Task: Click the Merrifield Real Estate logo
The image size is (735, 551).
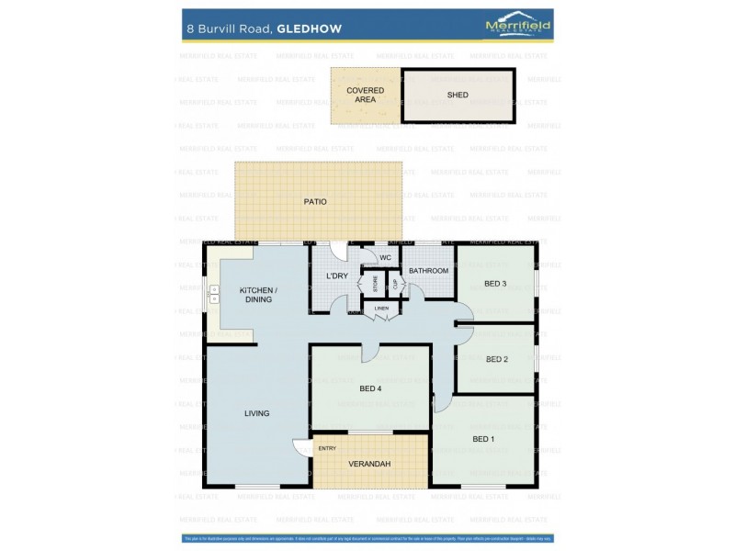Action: click(x=517, y=26)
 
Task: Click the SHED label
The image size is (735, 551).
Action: click(x=458, y=95)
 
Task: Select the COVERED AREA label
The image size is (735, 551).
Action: click(x=365, y=95)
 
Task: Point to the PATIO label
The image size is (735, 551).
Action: click(x=315, y=201)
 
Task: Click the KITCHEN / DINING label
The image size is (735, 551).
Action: click(x=258, y=295)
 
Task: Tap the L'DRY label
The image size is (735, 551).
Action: click(x=336, y=276)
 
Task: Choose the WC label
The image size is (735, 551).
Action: click(x=385, y=258)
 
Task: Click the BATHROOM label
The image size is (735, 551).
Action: click(x=428, y=271)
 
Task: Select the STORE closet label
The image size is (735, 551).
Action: click(x=374, y=284)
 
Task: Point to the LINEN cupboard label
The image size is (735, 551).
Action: click(x=381, y=309)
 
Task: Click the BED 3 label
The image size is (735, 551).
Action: click(x=495, y=283)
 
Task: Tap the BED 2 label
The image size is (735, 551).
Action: click(x=496, y=359)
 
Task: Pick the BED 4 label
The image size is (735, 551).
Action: click(x=370, y=388)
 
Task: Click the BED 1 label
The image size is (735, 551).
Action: click(x=483, y=439)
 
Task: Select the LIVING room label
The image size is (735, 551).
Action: click(x=257, y=413)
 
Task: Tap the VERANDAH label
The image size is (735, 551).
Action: click(x=369, y=464)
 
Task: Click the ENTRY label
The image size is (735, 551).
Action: click(x=327, y=448)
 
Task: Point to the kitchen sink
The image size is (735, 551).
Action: click(x=214, y=294)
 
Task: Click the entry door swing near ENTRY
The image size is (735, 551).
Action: click(x=301, y=448)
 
